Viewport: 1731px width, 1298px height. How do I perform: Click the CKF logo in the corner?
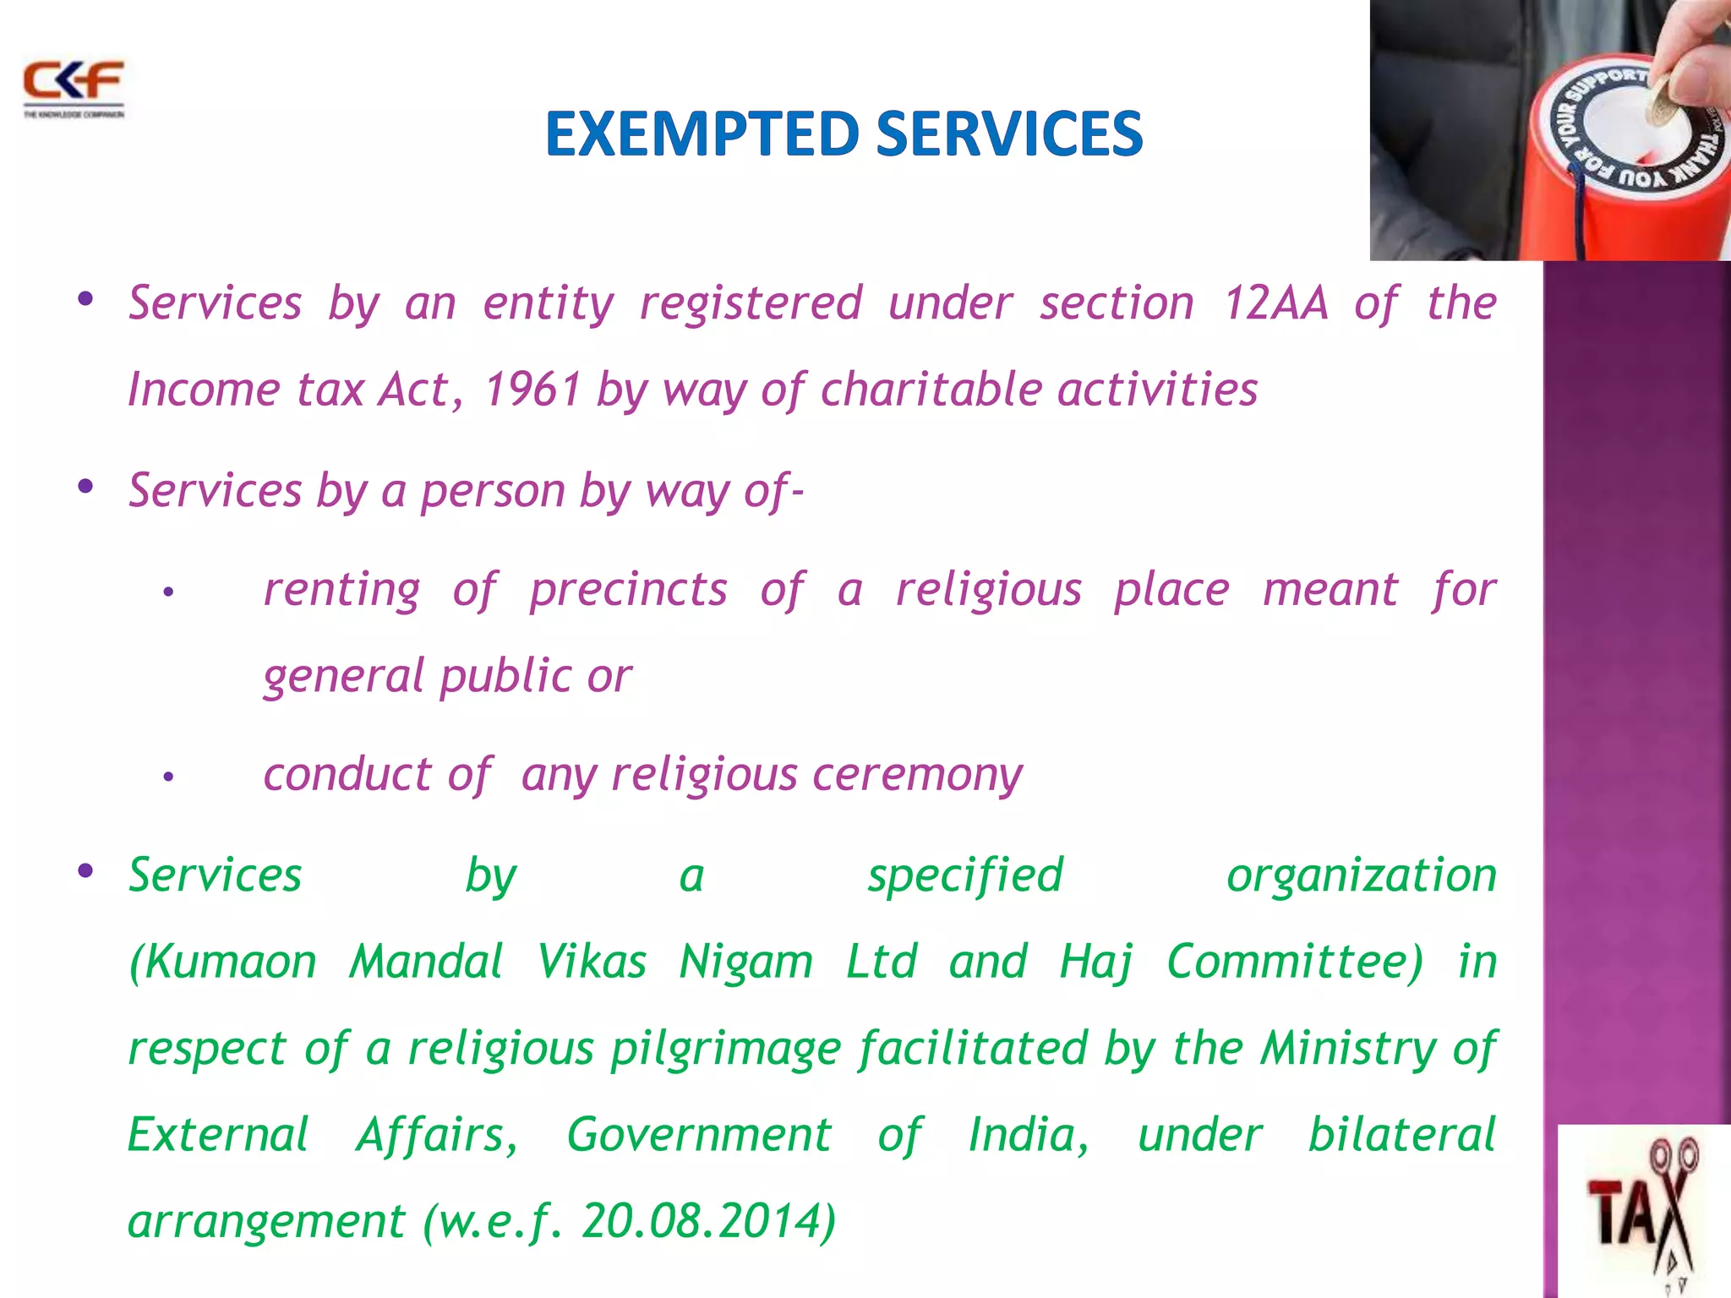point(74,87)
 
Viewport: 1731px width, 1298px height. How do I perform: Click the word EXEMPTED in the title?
point(702,134)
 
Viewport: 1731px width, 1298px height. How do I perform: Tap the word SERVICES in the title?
point(1009,134)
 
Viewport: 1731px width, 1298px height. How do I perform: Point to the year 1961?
point(532,390)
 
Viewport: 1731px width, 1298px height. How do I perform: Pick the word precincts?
point(628,589)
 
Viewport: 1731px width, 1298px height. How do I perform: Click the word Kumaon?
point(223,962)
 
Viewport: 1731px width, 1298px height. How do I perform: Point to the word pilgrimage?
point(725,1049)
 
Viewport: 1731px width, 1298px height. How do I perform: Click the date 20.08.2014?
point(702,1221)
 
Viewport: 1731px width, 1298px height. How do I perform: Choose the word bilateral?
point(1401,1134)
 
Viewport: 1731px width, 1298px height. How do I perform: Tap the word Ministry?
point(1347,1049)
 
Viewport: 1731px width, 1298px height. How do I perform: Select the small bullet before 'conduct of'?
point(168,776)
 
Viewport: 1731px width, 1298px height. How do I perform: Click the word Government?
point(699,1134)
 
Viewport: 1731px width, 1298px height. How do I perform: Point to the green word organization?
point(1361,875)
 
